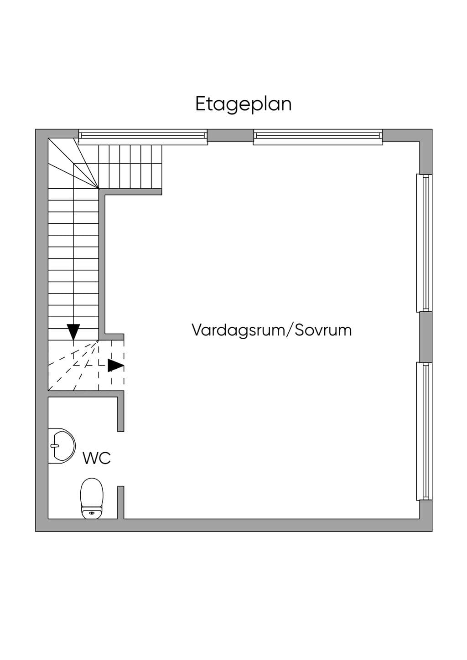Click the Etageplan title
point(244,104)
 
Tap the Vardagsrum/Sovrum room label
point(271,330)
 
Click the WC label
point(97,458)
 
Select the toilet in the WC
point(92,498)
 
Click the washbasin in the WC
point(62,446)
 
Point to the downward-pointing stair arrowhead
point(73,332)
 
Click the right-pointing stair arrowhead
point(115,366)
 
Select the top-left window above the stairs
point(143,137)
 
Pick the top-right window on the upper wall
point(318,137)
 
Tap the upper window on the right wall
point(424,243)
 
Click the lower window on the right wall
point(424,431)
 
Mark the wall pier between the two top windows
point(231,135)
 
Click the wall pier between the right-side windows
point(425,337)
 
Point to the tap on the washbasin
point(54,445)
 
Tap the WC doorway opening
point(121,459)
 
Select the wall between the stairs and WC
point(86,394)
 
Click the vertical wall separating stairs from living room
point(102,264)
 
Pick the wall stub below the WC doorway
point(121,502)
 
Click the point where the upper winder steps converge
point(99,188)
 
